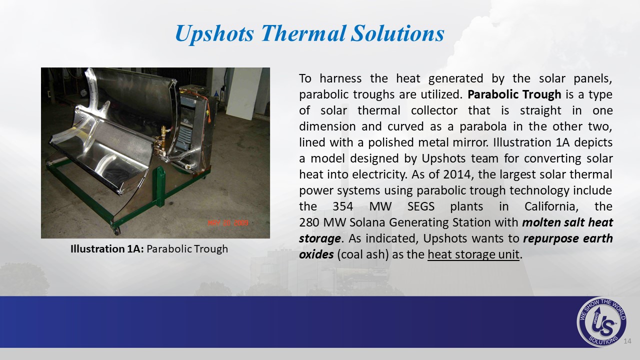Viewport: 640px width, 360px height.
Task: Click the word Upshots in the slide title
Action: (214, 33)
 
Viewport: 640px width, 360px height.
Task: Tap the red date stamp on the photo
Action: (228, 223)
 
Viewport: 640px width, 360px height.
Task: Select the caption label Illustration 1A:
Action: (107, 249)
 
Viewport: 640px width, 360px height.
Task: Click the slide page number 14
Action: (627, 341)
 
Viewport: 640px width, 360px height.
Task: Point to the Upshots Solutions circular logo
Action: (601, 322)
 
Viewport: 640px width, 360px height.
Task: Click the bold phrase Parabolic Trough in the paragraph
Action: (514, 94)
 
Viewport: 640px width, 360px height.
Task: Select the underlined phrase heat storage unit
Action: (473, 254)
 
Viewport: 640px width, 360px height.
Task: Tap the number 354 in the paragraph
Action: (343, 206)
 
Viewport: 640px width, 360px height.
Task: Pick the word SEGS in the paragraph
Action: (421, 206)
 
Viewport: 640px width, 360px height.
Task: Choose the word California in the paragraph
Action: (551, 206)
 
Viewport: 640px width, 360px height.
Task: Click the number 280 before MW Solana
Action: (309, 222)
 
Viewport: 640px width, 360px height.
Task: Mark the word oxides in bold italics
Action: (316, 254)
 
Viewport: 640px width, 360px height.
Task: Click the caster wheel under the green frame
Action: (116, 230)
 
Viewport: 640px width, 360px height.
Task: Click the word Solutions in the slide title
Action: (397, 33)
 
